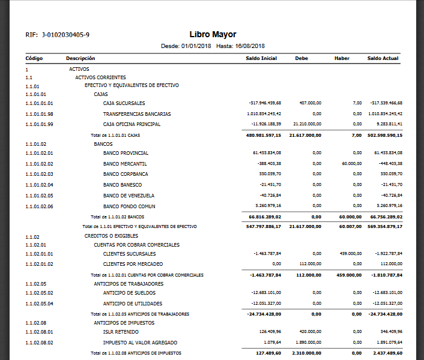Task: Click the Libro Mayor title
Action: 213,35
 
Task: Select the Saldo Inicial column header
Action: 261,58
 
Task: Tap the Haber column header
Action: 342,58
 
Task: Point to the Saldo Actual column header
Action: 383,58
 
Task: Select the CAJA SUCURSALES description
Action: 127,103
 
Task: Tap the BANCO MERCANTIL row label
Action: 125,164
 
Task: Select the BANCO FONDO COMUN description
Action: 129,206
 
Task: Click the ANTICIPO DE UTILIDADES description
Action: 133,304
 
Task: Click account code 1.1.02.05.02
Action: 40,293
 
